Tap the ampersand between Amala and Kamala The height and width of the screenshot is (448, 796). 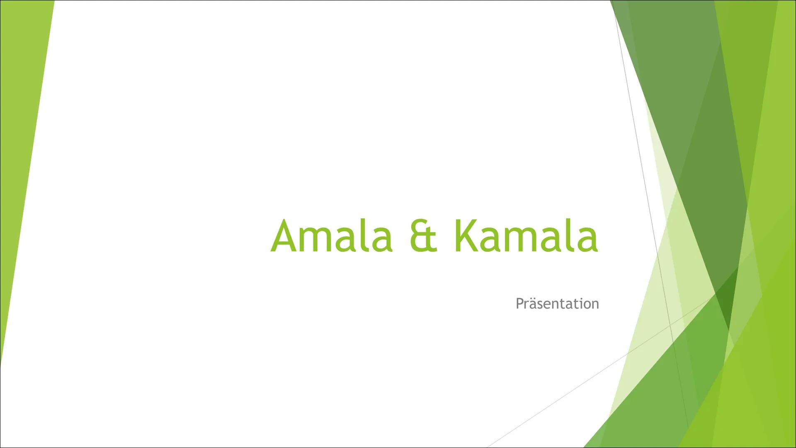coord(424,237)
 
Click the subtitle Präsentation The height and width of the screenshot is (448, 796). coord(557,304)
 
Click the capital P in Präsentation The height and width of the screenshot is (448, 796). coord(519,304)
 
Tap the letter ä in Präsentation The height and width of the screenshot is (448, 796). coord(533,304)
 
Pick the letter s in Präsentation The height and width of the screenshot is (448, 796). coord(540,305)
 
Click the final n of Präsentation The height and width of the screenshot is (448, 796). coord(595,305)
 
